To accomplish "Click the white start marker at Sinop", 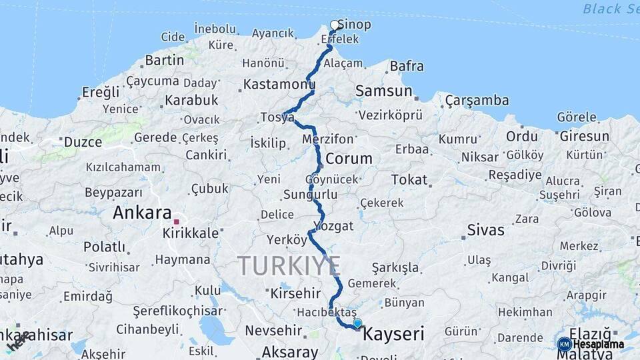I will coord(335,25).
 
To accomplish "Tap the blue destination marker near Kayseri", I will coord(357,324).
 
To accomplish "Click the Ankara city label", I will coord(142,213).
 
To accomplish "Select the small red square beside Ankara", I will coord(177,221).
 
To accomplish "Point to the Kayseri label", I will coord(393,333).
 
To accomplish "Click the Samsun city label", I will coord(383,91).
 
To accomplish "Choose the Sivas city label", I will coord(485,230).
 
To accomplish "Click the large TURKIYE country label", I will coord(289,266).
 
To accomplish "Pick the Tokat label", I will coord(409,179).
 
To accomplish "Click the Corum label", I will coord(348,159).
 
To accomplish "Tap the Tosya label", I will coord(277,117).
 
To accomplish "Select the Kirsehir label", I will coord(295,293).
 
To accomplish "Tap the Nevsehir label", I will coord(275,330).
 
